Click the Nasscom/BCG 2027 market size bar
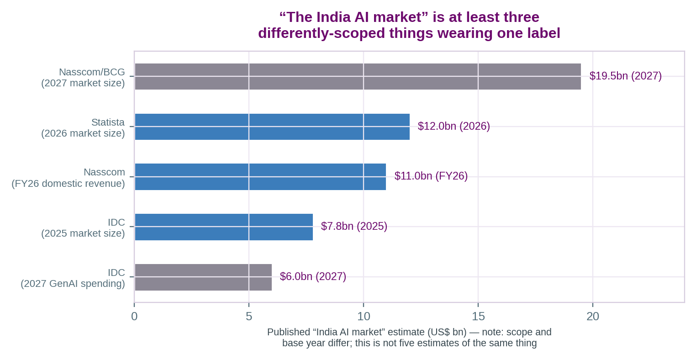point(358,76)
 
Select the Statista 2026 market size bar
point(272,127)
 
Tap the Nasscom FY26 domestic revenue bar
point(260,177)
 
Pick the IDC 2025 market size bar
point(224,227)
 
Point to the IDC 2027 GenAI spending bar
point(203,277)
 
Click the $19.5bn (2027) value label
point(626,76)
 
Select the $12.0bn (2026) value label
point(453,126)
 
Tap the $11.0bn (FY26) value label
point(431,176)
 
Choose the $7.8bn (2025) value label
point(354,226)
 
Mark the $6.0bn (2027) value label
point(313,276)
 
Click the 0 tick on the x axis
point(134,317)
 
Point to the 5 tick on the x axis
point(248,317)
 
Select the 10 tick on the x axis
point(363,317)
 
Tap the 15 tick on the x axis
point(478,317)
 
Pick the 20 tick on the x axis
point(592,317)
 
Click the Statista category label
point(83,128)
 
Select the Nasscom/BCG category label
point(83,77)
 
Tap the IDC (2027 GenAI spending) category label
point(73,278)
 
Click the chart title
point(409,25)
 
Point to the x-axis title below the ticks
point(409,338)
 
